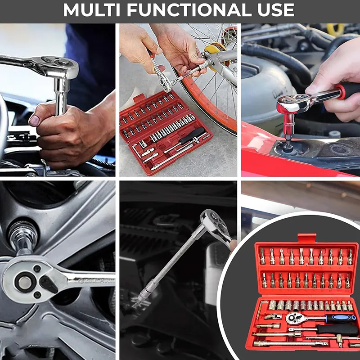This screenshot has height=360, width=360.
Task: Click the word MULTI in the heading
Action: (93, 10)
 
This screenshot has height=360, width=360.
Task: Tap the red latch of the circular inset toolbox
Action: (307, 238)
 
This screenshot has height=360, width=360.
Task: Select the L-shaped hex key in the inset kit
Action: (261, 309)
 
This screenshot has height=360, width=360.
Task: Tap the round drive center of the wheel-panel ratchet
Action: (25, 283)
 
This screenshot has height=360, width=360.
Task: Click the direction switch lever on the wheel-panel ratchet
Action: (48, 284)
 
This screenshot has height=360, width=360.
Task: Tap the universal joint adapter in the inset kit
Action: (273, 317)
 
